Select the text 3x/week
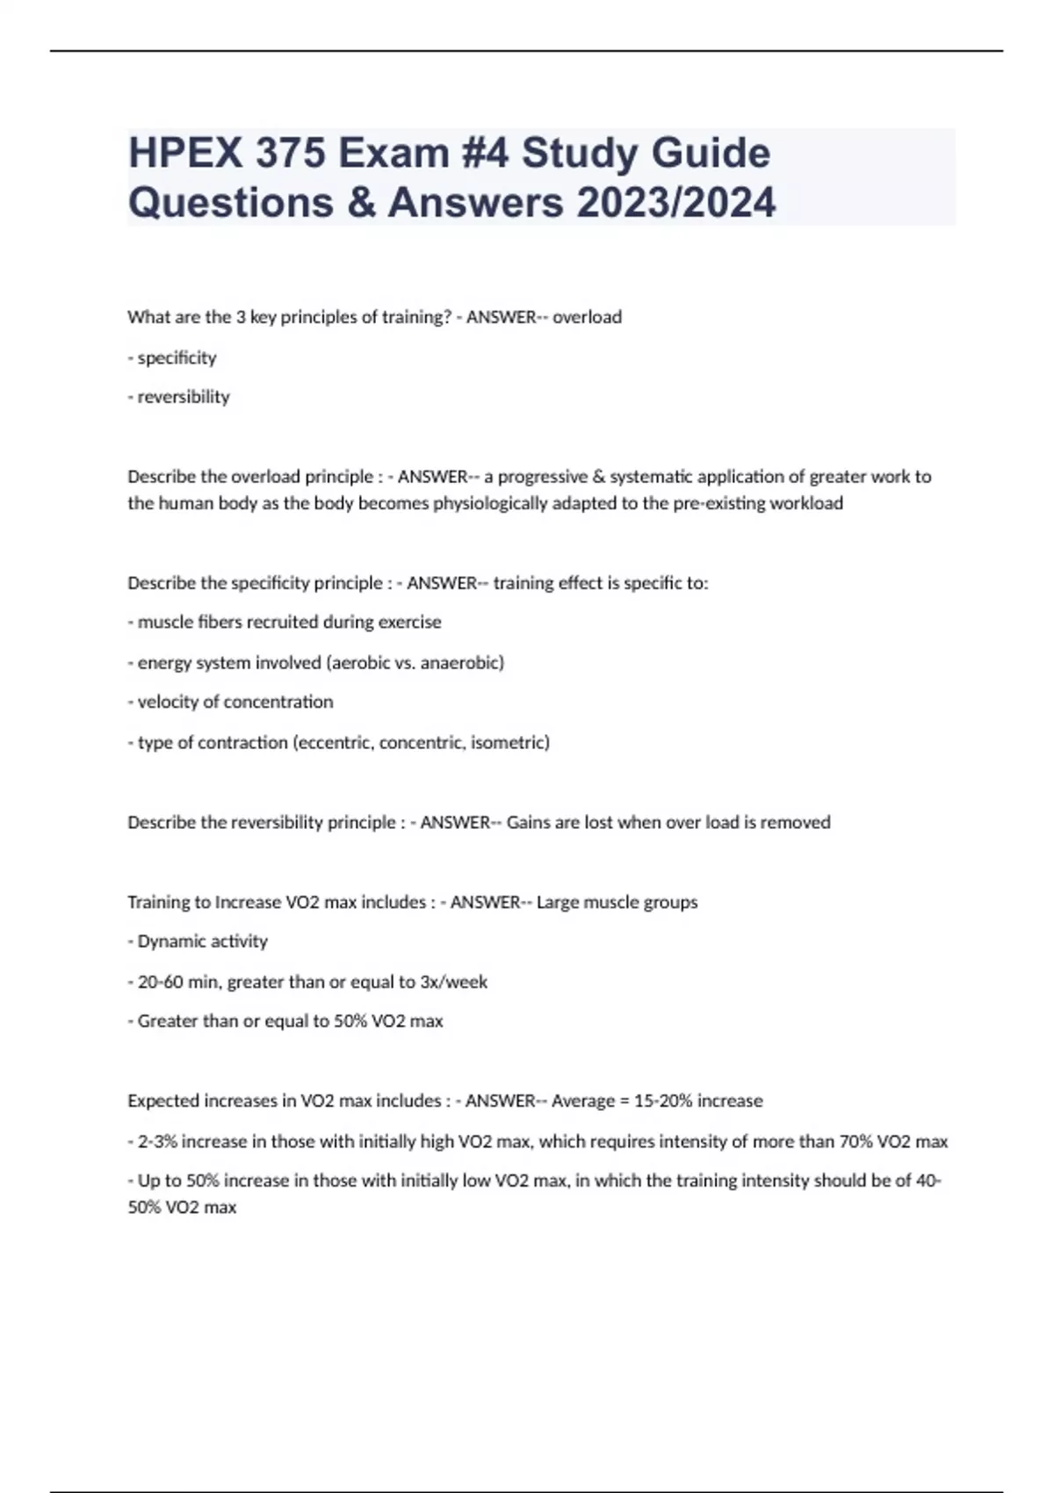click(454, 982)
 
